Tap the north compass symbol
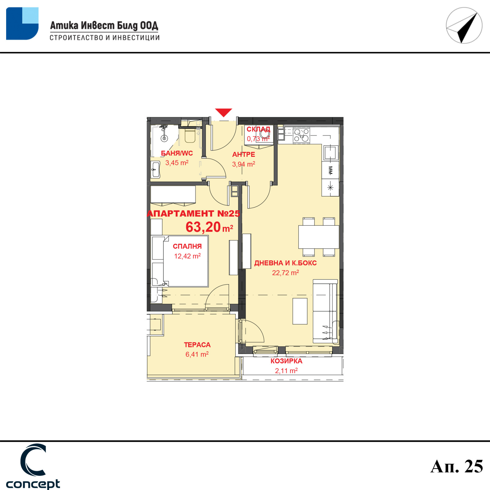click(x=464, y=25)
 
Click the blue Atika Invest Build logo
click(x=22, y=24)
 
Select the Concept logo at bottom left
click(x=33, y=466)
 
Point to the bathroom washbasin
click(x=156, y=169)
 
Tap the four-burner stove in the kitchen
click(x=301, y=135)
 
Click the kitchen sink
click(x=330, y=152)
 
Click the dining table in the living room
click(x=318, y=237)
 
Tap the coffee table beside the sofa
click(x=300, y=311)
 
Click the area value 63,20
click(x=203, y=227)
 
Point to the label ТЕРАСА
click(x=197, y=345)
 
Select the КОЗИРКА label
click(x=286, y=361)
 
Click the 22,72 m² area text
click(x=285, y=273)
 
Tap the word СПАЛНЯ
click(x=187, y=246)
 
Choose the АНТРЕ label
click(x=243, y=154)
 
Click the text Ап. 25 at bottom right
click(x=457, y=466)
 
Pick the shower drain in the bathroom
click(x=164, y=138)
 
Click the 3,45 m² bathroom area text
click(x=177, y=163)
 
